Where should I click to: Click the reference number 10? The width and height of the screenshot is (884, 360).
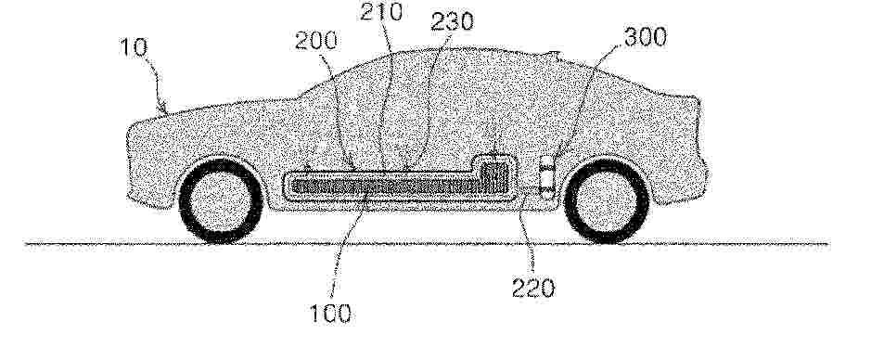(135, 47)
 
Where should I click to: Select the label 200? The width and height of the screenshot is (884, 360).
(316, 41)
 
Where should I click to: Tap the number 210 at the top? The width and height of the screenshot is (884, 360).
(381, 11)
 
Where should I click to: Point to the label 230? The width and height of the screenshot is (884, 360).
(452, 21)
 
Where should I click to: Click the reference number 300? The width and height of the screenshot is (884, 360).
(646, 37)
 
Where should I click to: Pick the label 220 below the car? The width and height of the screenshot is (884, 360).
(533, 289)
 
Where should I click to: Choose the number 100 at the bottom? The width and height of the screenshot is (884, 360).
(331, 314)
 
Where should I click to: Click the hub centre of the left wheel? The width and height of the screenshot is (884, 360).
(221, 201)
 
